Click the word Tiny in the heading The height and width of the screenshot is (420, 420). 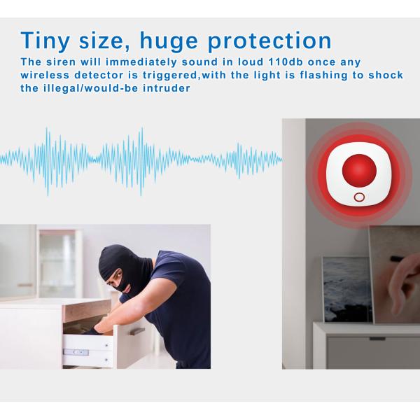pos(45,41)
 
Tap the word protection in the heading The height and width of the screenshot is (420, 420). pos(269,41)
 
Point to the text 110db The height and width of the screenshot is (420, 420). pos(286,62)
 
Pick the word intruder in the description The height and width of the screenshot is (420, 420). pos(167,88)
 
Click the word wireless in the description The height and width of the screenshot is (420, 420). pos(45,75)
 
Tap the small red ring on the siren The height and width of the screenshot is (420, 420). pos(359,197)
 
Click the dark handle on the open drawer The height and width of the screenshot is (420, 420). pos(137,332)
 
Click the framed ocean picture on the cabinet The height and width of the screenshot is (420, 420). pos(347,289)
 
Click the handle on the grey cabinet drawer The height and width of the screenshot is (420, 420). pos(377,339)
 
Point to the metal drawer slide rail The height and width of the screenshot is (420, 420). pos(76,352)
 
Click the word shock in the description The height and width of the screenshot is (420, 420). pos(386,75)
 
